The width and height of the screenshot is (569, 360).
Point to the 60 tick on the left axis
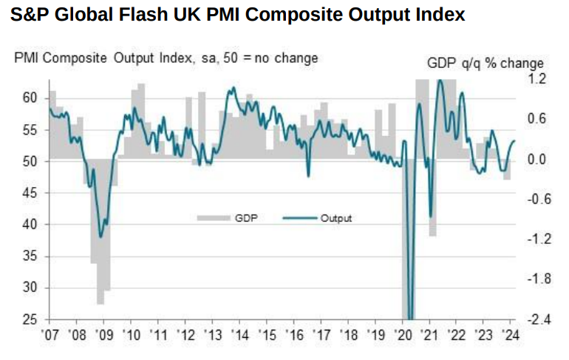coord(30,98)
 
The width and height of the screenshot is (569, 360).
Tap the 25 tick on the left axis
coord(30,319)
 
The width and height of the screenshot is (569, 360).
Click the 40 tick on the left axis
coord(30,225)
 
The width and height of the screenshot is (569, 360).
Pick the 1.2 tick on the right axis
coord(536,79)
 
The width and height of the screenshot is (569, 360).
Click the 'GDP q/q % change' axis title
coord(485,64)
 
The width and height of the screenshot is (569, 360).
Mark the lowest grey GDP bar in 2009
coord(100,299)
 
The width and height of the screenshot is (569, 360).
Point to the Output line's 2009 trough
coord(101,237)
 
